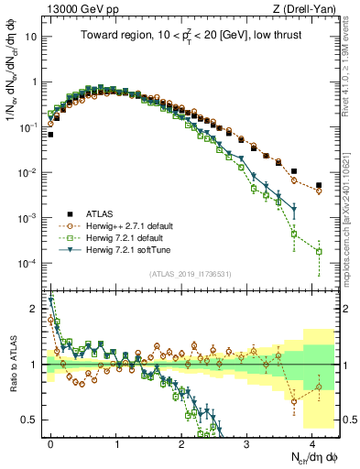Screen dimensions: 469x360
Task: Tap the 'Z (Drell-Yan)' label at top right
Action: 311,8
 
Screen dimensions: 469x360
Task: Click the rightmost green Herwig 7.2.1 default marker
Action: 319,251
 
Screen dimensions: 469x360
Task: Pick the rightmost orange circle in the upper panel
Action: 319,191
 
